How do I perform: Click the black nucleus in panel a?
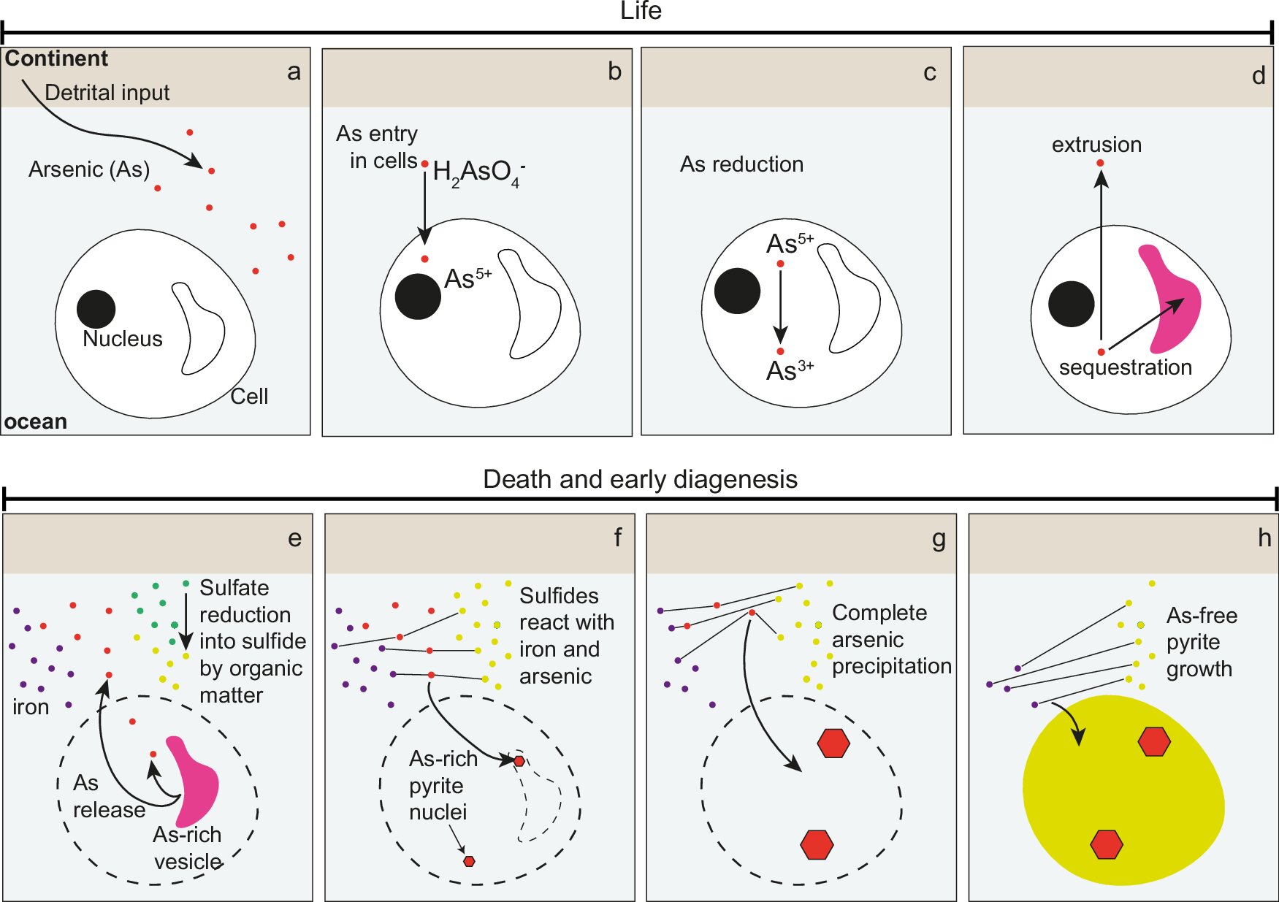coord(96,308)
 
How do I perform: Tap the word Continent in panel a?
coord(56,58)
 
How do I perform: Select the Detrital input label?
coord(107,93)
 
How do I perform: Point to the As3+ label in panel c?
coord(790,370)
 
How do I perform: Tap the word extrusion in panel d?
coord(1096,145)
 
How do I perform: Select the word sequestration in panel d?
coord(1125,367)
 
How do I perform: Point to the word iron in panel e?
coord(31,707)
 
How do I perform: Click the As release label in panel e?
coord(109,796)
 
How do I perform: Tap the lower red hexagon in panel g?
coord(817,844)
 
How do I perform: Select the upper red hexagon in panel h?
coord(1154,741)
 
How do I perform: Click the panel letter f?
coord(618,538)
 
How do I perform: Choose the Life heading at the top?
coord(641,11)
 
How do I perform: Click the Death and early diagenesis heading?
coord(641,479)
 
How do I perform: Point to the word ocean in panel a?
coord(36,422)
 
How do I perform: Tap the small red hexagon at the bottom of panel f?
coord(469,861)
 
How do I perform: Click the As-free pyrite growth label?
coord(1202,642)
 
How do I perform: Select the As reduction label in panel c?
coord(741,164)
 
